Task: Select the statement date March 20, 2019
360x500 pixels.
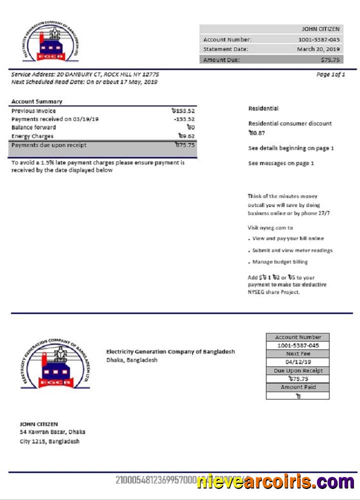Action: click(x=318, y=49)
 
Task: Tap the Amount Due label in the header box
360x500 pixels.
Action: click(x=221, y=60)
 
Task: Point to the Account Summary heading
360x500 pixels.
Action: click(x=36, y=101)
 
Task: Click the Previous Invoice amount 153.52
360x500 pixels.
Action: click(x=182, y=111)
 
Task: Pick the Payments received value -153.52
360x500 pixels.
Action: click(x=184, y=119)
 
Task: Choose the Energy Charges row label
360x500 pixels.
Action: click(x=32, y=136)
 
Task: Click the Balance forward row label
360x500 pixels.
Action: click(x=33, y=127)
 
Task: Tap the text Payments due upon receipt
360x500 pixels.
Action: click(x=48, y=145)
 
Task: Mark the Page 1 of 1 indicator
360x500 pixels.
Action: click(x=330, y=74)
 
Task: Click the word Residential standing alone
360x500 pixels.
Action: click(x=263, y=108)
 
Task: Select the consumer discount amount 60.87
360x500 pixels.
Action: click(x=256, y=133)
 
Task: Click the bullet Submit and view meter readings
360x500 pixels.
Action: click(x=292, y=250)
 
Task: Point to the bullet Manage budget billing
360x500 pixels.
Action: click(x=280, y=262)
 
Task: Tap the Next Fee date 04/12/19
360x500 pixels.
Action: click(x=298, y=362)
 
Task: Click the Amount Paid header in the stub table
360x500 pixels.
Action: click(x=298, y=387)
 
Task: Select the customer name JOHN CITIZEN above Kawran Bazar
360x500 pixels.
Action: click(x=38, y=424)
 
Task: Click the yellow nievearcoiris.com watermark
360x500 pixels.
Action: click(x=275, y=482)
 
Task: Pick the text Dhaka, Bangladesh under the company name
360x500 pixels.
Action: click(x=131, y=360)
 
